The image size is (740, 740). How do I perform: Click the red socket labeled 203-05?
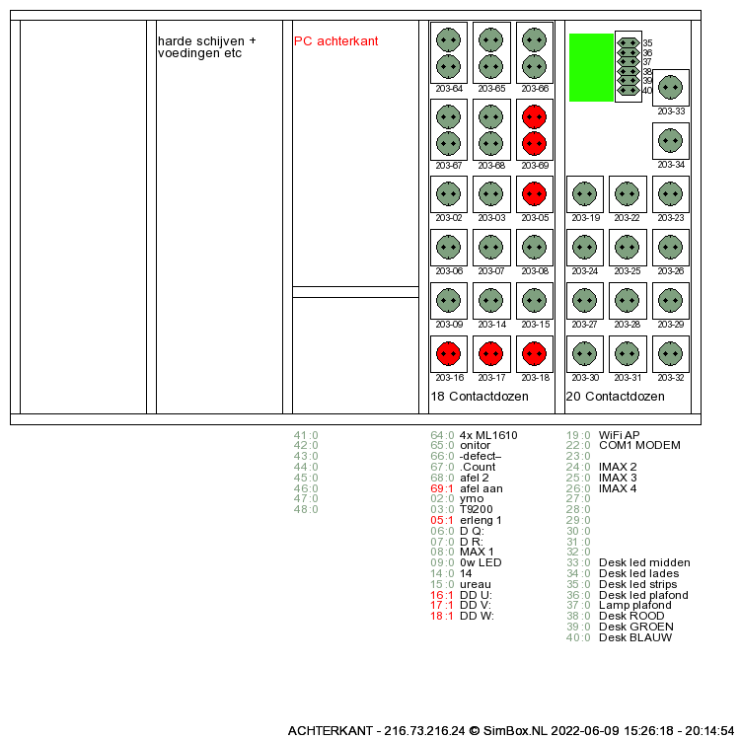pos(534,193)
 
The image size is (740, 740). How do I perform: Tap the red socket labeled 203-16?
pos(448,353)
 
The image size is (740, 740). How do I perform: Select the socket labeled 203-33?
pos(671,87)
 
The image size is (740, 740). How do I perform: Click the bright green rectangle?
pos(591,67)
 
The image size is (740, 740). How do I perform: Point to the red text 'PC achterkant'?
pos(335,41)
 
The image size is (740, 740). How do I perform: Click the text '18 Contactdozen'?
pos(480,397)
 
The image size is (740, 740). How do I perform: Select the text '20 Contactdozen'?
pos(616,397)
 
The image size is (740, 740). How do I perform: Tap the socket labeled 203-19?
pos(585,193)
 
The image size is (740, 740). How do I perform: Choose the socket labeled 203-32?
pos(671,353)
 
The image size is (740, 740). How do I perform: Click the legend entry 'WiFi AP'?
pos(619,435)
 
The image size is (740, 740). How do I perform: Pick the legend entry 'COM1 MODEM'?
pos(639,446)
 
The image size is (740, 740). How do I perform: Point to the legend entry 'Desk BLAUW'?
pos(635,637)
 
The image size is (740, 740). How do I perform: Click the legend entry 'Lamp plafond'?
pos(635,606)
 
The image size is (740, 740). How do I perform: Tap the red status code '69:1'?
pos(442,488)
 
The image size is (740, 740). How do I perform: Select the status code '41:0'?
pos(306,435)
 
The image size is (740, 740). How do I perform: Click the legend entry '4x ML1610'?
pos(488,435)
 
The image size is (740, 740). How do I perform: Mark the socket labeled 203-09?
pos(448,300)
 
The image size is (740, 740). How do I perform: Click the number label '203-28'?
pos(628,325)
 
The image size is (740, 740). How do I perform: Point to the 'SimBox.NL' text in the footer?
pos(522,731)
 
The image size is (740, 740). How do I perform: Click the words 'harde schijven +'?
pos(206,41)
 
